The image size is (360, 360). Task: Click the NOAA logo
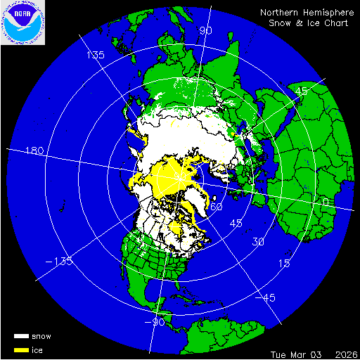22,23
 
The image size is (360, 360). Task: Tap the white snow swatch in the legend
22,336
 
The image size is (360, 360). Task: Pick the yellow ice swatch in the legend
22,349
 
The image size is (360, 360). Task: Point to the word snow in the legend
41,336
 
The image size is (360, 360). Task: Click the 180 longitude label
34,151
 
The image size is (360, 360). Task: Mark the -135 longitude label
60,262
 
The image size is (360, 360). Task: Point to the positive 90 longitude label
205,30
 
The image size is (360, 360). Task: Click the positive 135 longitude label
95,55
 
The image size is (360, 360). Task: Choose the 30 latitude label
259,242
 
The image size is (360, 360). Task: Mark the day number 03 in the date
319,352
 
